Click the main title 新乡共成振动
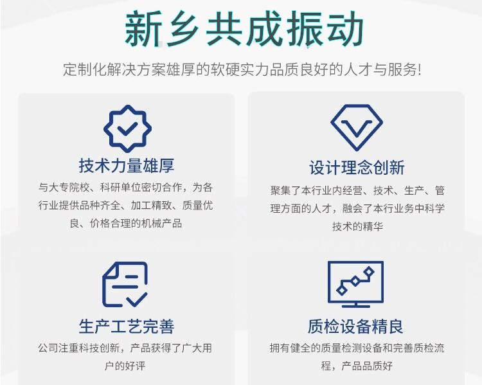coord(244,28)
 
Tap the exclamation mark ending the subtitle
coord(419,70)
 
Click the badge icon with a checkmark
coord(128,129)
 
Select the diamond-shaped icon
coord(357,127)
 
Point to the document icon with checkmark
coord(125,284)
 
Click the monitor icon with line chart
coord(355,284)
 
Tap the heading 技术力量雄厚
coord(127,165)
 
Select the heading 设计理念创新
coord(357,168)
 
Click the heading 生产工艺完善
coord(127,327)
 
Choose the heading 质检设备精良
coord(355,327)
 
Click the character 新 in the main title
coord(143,29)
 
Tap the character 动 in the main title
coord(345,28)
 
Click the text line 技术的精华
coord(357,227)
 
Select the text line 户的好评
coord(125,366)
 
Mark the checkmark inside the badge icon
coord(128,129)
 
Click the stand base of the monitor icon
coord(356,306)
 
